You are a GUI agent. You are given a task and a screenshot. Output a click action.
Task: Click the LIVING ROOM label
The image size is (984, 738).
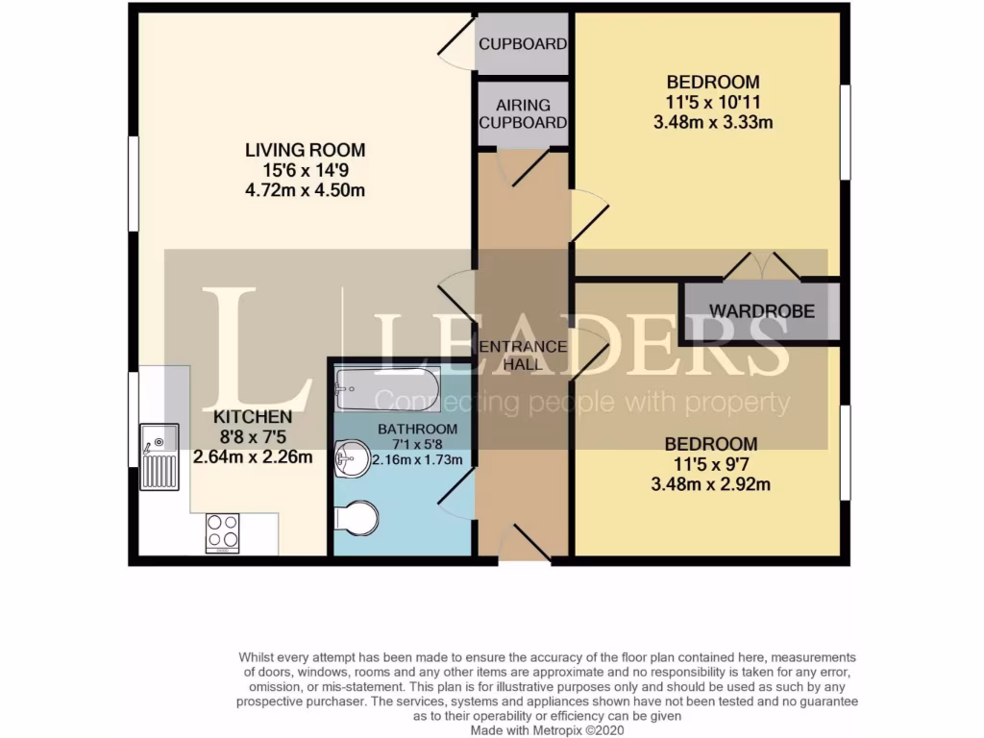(305, 150)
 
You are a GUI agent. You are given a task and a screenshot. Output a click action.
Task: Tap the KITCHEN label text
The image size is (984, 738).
(252, 417)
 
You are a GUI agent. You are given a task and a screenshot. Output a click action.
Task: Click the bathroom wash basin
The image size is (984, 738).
(352, 459)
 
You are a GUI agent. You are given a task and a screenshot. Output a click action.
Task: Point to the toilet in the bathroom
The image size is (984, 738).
(357, 517)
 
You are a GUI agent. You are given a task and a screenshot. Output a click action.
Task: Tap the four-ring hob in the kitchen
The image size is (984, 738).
(222, 533)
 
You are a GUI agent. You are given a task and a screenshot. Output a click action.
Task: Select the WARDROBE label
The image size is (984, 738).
(762, 311)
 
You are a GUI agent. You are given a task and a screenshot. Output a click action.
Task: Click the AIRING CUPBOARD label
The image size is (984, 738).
(523, 113)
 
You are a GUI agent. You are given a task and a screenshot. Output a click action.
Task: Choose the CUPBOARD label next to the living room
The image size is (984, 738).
(523, 44)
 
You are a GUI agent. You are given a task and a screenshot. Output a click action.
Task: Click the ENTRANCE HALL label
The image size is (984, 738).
(523, 355)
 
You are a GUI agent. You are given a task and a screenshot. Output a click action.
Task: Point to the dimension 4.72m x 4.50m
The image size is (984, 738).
(305, 189)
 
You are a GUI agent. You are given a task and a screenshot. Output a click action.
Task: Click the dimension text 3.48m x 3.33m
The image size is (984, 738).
(712, 122)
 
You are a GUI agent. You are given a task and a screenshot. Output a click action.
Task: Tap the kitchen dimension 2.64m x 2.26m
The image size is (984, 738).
(253, 456)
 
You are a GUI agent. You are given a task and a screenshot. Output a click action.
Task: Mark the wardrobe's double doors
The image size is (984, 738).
(761, 266)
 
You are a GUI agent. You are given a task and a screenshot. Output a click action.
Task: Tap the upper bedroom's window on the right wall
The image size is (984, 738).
(846, 133)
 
